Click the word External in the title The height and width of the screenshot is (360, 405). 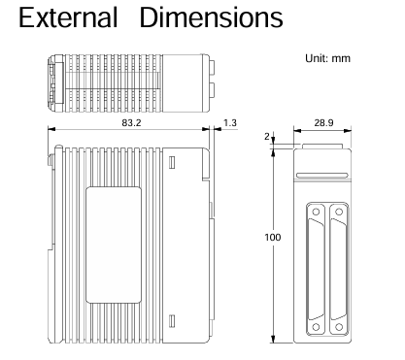(x=68, y=17)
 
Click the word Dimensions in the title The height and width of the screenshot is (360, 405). (x=212, y=17)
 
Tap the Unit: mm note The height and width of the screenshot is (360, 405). (x=327, y=58)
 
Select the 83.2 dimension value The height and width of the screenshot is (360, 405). (x=131, y=123)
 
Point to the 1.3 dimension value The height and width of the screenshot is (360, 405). (x=230, y=123)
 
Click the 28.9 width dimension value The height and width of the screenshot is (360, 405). (x=323, y=123)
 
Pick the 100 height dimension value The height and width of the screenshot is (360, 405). (x=273, y=238)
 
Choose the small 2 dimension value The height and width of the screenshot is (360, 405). (x=267, y=137)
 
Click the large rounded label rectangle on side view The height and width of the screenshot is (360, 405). (x=114, y=245)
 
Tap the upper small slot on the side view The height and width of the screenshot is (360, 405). (x=172, y=162)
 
